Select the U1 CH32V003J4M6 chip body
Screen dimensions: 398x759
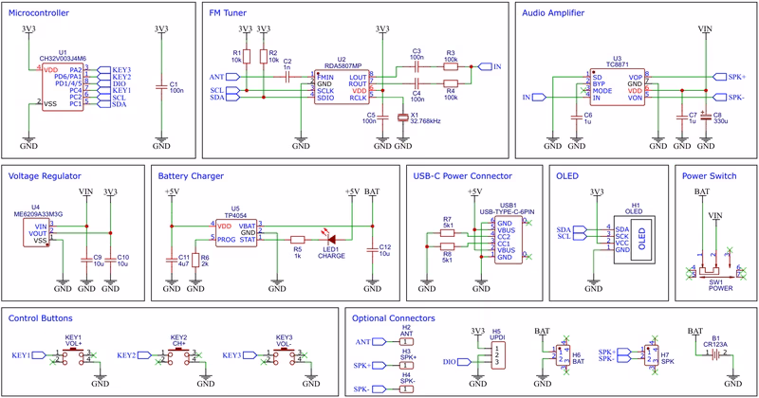point(63,86)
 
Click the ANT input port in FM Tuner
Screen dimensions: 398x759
point(215,76)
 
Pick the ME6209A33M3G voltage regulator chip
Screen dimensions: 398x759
point(35,231)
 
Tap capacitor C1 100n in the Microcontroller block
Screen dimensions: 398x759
point(162,87)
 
